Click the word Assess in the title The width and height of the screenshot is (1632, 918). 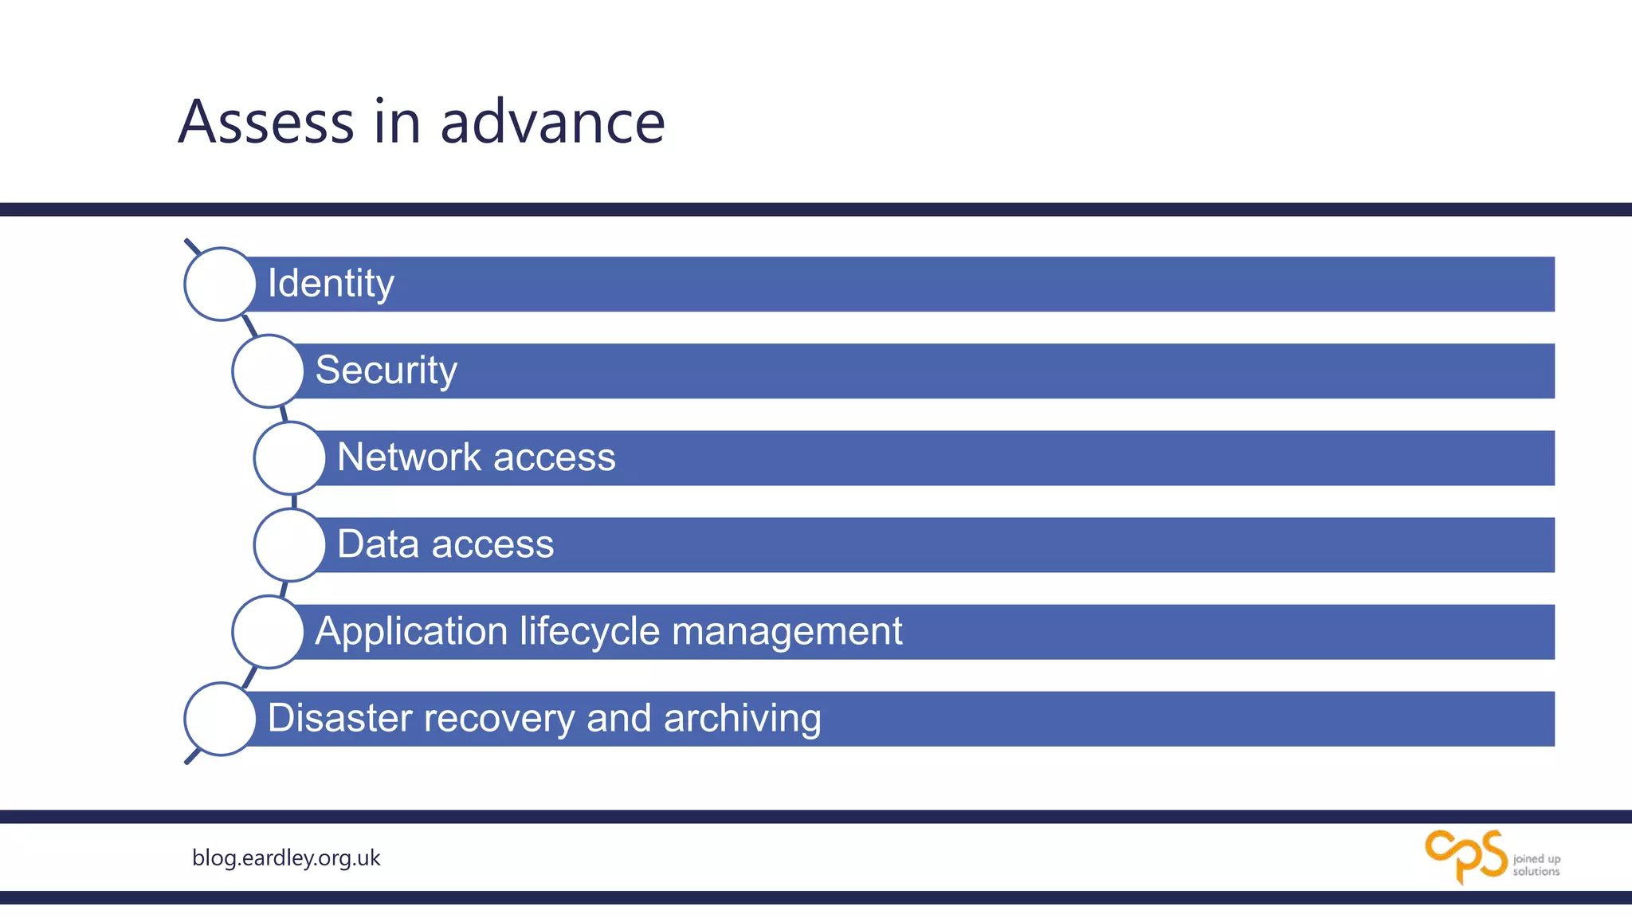(266, 122)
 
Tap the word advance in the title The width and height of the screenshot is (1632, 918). (552, 122)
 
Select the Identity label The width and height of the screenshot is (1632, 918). (331, 284)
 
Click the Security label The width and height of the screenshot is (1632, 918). (386, 371)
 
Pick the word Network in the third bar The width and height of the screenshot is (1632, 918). (409, 457)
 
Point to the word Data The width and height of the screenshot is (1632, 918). (378, 544)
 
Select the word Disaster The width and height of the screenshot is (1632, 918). (339, 718)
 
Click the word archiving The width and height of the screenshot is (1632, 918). (742, 718)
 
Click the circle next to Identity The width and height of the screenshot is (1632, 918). (220, 284)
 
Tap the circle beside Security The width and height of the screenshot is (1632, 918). (268, 371)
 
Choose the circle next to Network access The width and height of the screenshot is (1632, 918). (289, 458)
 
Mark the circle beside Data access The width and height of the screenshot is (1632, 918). (289, 545)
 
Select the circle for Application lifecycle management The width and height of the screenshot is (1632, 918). (268, 632)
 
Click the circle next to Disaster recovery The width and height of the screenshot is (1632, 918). (220, 719)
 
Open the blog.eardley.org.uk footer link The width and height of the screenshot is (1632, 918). (286, 858)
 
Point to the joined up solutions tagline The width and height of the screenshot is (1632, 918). (1536, 865)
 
